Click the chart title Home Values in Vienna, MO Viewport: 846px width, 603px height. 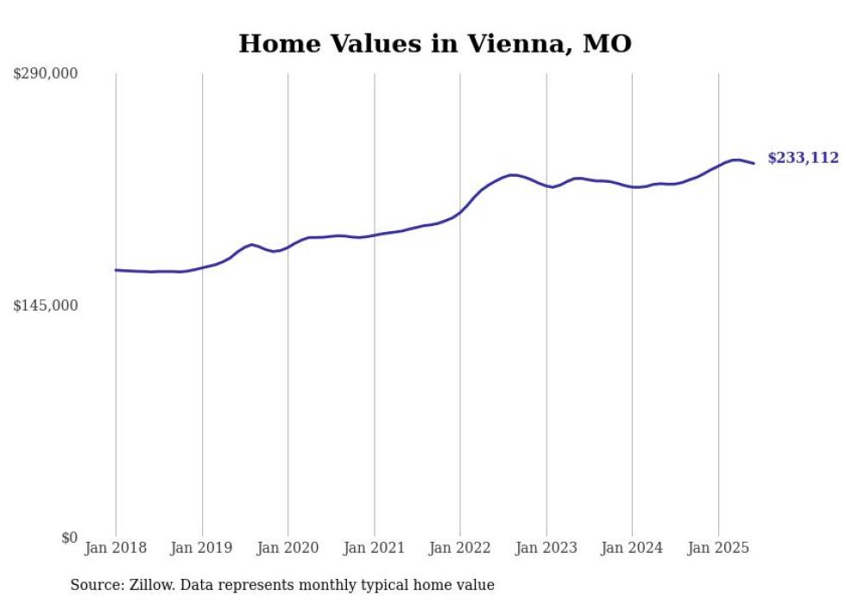tap(435, 44)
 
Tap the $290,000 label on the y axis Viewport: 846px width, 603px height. tap(45, 74)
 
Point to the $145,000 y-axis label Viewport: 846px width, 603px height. tap(45, 305)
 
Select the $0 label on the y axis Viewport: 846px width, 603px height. tap(69, 537)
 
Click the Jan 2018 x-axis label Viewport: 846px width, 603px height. tap(116, 548)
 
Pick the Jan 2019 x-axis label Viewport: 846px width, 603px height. tap(202, 548)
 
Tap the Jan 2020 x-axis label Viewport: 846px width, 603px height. tap(288, 548)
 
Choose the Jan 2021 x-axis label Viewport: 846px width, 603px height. tap(374, 548)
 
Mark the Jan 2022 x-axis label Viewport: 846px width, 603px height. tap(460, 548)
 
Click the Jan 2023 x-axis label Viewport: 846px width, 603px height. tap(546, 548)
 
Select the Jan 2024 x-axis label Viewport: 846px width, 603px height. tap(632, 548)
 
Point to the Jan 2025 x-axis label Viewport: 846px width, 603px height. tap(718, 548)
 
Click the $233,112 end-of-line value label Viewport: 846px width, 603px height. tap(803, 158)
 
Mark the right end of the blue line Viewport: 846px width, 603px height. tap(754, 163)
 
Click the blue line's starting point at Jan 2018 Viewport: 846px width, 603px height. tap(116, 270)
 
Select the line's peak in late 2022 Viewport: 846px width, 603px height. tap(513, 175)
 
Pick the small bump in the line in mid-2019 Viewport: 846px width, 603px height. tap(251, 244)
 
